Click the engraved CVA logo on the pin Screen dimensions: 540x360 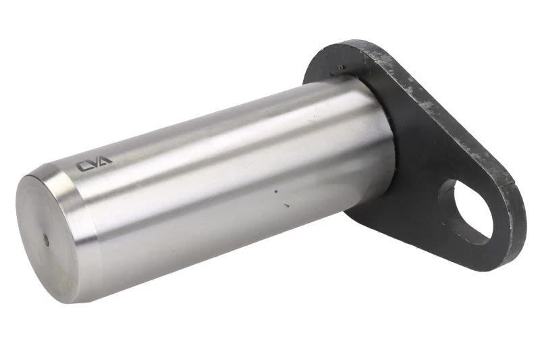click(x=94, y=164)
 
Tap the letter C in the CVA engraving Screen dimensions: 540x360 click(x=82, y=166)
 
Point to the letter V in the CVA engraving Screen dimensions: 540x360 click(x=94, y=163)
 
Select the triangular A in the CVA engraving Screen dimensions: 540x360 click(x=105, y=160)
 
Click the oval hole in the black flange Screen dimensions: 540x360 click(x=472, y=213)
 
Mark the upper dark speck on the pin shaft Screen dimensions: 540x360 click(x=275, y=191)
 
